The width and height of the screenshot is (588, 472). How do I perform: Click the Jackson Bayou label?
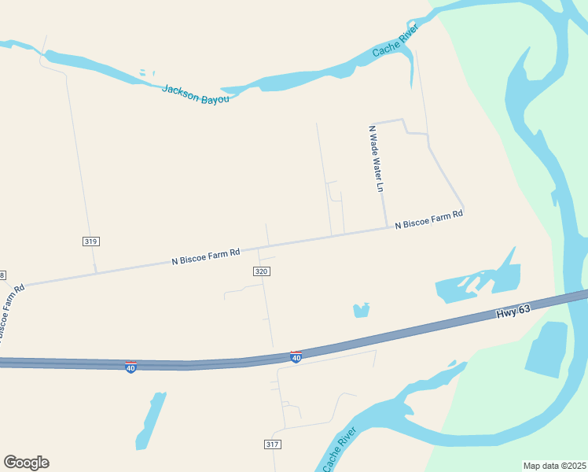(196, 94)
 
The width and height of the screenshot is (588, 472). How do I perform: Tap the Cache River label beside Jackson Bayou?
(395, 40)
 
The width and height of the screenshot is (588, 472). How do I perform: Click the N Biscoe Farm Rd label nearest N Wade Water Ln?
(428, 219)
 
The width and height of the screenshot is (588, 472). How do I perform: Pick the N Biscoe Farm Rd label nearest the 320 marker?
(205, 257)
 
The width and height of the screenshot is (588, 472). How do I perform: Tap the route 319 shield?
(90, 242)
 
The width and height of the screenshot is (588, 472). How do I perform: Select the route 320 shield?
(262, 271)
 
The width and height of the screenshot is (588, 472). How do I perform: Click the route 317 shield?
(272, 444)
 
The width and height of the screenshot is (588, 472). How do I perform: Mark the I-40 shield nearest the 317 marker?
(296, 357)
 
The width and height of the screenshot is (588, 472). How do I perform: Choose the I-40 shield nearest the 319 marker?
(130, 367)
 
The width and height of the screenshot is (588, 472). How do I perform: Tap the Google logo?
(26, 463)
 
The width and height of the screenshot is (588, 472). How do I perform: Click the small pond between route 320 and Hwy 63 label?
(362, 310)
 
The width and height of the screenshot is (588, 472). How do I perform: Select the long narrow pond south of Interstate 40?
(150, 421)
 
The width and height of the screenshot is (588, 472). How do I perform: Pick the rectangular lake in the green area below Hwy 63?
(546, 348)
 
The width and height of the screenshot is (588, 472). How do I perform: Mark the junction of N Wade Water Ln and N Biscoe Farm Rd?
(386, 227)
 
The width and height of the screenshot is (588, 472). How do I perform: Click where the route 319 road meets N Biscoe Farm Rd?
(96, 272)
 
